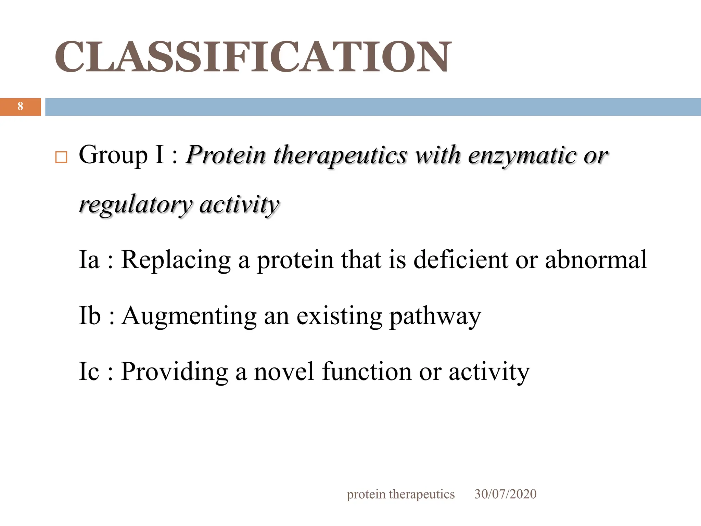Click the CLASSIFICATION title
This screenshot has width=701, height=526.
[x=253, y=57]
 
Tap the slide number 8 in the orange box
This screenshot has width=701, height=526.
[x=20, y=107]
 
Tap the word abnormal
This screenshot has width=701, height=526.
[x=596, y=260]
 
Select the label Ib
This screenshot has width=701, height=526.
[x=90, y=315]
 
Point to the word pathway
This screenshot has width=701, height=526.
[x=435, y=316]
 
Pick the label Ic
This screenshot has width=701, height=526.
[x=89, y=371]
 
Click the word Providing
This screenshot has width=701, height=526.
[x=175, y=372]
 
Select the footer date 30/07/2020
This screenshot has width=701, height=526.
[x=505, y=494]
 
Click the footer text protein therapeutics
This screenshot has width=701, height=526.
[x=400, y=494]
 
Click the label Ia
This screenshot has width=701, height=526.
[x=89, y=260]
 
